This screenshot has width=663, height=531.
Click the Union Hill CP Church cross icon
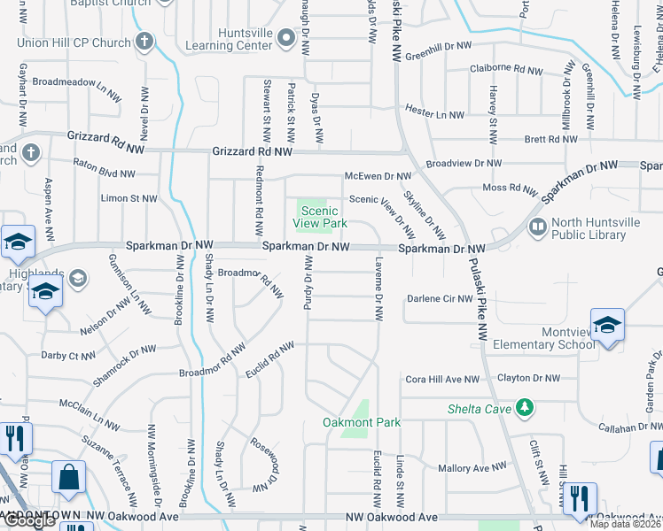point(145,42)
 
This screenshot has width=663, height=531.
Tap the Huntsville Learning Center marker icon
point(285,37)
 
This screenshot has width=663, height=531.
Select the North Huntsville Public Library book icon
point(538,227)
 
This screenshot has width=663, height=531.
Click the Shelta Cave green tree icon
point(526,406)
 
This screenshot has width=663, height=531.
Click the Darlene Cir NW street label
point(440,299)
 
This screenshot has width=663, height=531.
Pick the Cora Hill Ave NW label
point(441,379)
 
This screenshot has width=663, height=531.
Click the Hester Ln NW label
point(434,114)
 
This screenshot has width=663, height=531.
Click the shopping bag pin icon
point(69,476)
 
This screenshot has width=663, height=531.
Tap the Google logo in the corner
point(29,521)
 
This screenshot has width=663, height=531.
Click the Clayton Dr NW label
point(528,379)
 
